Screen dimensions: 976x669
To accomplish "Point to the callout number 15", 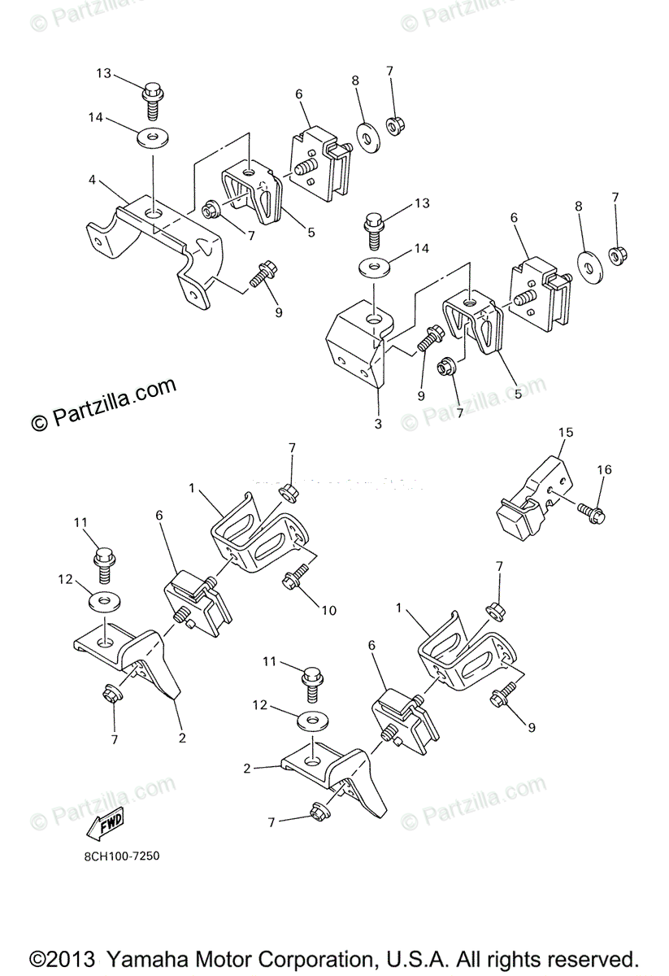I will point(565,432).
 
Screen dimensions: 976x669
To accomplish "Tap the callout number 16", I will point(604,469).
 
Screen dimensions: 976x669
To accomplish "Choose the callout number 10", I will point(330,609).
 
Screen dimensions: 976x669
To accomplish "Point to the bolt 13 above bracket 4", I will point(152,95).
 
